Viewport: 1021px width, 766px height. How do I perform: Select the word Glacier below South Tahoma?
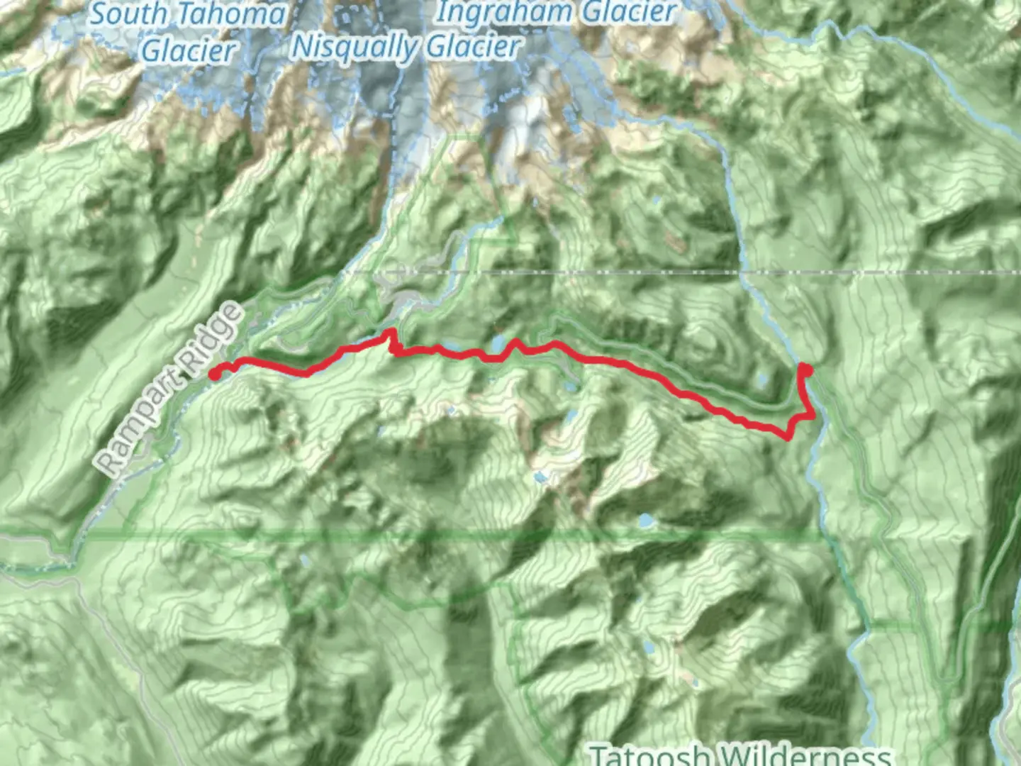click(x=187, y=51)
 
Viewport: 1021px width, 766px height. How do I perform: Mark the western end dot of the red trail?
click(x=214, y=374)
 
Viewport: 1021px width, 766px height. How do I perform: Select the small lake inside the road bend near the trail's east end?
click(x=761, y=382)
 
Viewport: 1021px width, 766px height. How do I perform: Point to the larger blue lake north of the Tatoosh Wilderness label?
click(x=648, y=648)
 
